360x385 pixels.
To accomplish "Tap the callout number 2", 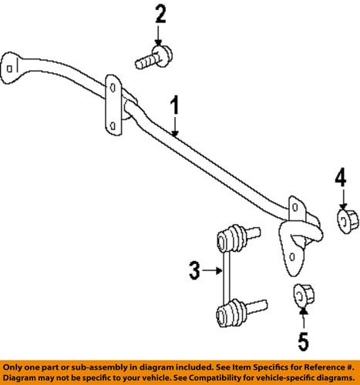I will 160,14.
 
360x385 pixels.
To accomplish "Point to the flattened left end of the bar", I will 12,67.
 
